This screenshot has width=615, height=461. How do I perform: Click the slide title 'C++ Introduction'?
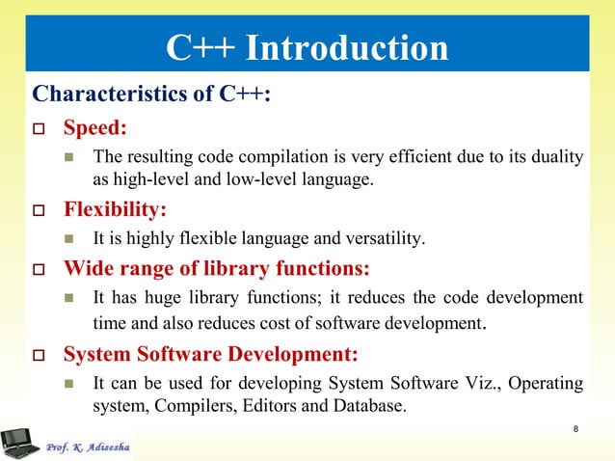pos(307,47)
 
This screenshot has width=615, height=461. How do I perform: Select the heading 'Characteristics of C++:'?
pos(151,95)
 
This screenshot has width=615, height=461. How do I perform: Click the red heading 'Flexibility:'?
pos(115,208)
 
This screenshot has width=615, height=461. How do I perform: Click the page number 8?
pos(575,429)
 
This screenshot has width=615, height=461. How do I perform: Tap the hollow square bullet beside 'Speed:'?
pos(40,128)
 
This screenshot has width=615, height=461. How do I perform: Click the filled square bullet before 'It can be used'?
pos(68,384)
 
